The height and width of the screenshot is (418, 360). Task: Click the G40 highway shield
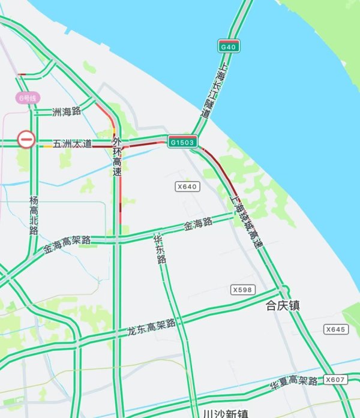229,46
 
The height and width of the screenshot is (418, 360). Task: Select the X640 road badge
187,187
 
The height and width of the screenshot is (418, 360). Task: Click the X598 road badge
242,290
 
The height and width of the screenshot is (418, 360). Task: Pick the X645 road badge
335,329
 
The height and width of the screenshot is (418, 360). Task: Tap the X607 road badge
335,380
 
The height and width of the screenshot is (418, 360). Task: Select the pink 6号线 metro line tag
28,98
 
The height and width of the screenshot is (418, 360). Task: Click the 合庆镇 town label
283,306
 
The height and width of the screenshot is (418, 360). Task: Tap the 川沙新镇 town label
226,413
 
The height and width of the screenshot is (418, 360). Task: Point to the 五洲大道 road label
72,144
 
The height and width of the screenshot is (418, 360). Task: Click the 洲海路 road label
66,111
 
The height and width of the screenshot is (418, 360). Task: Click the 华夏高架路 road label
293,382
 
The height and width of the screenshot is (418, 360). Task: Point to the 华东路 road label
160,248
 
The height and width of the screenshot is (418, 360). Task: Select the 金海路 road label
198,225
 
